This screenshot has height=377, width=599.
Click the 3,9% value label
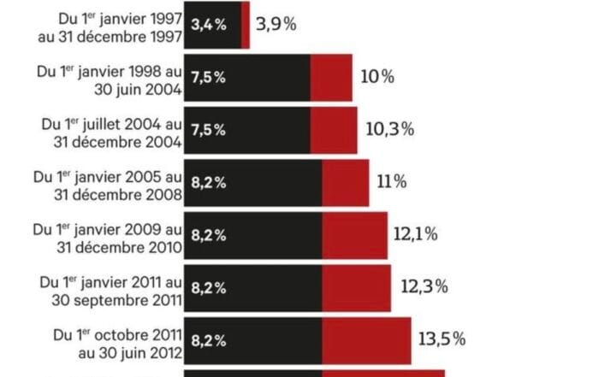pos(277,24)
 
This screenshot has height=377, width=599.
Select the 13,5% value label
pos(442,339)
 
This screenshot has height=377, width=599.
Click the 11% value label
pos(392,181)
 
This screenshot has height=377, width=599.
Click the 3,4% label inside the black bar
pos(209,25)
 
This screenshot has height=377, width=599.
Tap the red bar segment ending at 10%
pos(331,77)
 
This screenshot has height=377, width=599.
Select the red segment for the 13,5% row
pos(366,339)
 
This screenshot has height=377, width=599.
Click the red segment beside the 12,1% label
pos(354,234)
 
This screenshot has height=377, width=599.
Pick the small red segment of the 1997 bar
pos(246,25)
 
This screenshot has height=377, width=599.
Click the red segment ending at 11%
pos(346,181)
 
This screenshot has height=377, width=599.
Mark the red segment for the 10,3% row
pos(333,129)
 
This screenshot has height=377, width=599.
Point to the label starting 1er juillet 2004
pos(111,131)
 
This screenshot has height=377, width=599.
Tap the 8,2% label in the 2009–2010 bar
pos(209,234)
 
